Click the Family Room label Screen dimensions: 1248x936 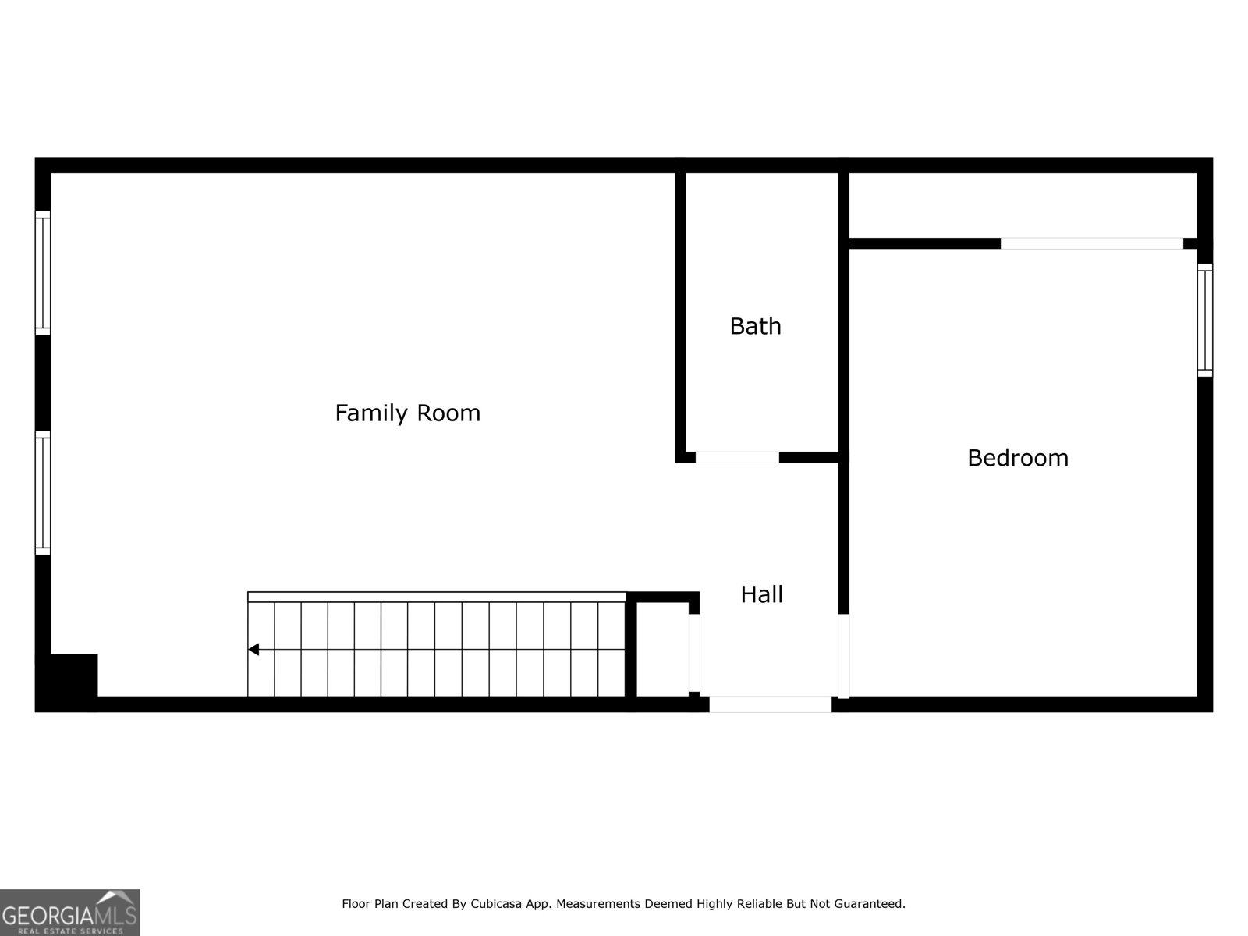pyautogui.click(x=408, y=413)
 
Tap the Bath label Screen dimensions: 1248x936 pyautogui.click(x=756, y=326)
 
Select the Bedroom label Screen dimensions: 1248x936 pyautogui.click(x=1018, y=458)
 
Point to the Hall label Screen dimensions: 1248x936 pyautogui.click(x=761, y=594)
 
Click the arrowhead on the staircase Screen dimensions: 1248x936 pyautogui.click(x=253, y=649)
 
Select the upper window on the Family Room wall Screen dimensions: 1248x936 pyautogui.click(x=43, y=273)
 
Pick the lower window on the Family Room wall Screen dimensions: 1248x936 pyautogui.click(x=43, y=493)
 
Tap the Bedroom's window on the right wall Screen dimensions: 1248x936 pyautogui.click(x=1205, y=320)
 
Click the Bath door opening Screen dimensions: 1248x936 pyautogui.click(x=737, y=458)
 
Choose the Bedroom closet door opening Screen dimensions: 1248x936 pyautogui.click(x=1092, y=243)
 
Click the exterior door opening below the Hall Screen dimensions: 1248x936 pyautogui.click(x=771, y=704)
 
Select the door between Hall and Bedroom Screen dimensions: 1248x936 pyautogui.click(x=844, y=656)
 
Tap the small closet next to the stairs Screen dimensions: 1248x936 pyautogui.click(x=662, y=649)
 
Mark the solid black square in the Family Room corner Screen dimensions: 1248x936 pyautogui.click(x=66, y=682)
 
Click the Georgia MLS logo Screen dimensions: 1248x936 pyautogui.click(x=70, y=912)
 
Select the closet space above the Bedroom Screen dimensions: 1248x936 pyautogui.click(x=1023, y=205)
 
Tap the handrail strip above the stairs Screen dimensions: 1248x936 pyautogui.click(x=437, y=597)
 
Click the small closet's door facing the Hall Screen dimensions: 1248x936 pyautogui.click(x=694, y=653)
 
